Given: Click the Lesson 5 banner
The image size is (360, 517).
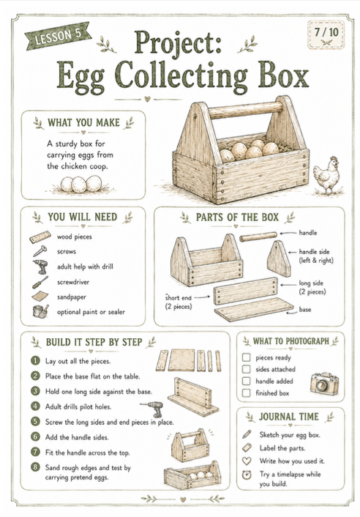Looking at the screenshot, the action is pyautogui.click(x=58, y=36).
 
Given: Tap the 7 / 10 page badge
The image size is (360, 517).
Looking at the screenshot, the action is pyautogui.click(x=326, y=35).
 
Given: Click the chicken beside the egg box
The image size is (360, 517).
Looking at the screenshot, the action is pyautogui.click(x=327, y=176).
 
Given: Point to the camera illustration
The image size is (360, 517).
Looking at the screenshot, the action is pyautogui.click(x=324, y=384).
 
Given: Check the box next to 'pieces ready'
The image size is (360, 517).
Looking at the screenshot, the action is pyautogui.click(x=246, y=357).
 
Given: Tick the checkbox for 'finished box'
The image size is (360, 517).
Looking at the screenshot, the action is pyautogui.click(x=246, y=393).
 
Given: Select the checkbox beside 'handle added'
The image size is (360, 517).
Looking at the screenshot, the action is pyautogui.click(x=246, y=381).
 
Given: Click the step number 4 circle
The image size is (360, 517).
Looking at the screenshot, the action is pyautogui.click(x=35, y=406).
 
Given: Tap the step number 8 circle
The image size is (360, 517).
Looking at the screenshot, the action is pyautogui.click(x=35, y=467).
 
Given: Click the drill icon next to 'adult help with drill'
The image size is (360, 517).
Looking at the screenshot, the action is pyautogui.click(x=40, y=267).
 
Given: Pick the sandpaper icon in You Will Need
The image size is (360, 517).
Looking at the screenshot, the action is pyautogui.click(x=40, y=296).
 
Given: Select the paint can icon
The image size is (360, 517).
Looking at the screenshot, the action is pyautogui.click(x=40, y=311).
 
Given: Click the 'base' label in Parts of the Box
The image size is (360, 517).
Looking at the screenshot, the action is pyautogui.click(x=305, y=309).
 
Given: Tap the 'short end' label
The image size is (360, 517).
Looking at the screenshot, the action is pyautogui.click(x=179, y=297).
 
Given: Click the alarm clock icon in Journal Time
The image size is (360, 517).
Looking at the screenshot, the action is pyautogui.click(x=247, y=475).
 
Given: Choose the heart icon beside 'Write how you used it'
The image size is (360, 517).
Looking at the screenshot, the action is pyautogui.click(x=247, y=461).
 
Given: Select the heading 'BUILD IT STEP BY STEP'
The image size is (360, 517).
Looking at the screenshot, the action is pyautogui.click(x=94, y=342).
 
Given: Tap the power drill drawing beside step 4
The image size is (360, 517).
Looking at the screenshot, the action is pyautogui.click(x=153, y=409).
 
